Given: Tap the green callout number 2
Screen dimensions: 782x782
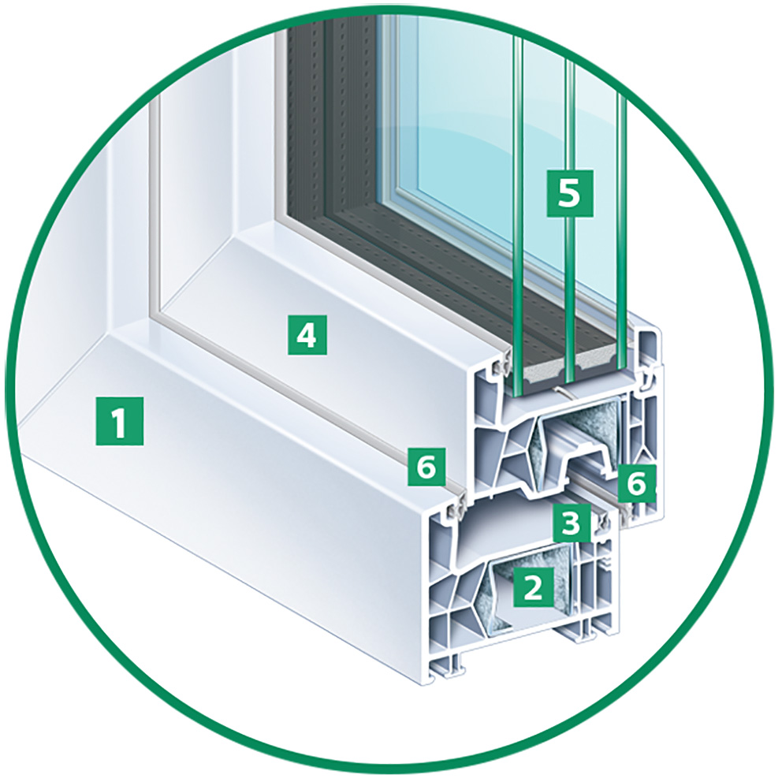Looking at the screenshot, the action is click(533, 587).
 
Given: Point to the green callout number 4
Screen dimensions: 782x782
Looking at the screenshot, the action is click(307, 335).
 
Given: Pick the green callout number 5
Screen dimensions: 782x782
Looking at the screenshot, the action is click(570, 193).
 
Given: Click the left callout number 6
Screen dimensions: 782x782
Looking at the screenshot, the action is click(426, 467).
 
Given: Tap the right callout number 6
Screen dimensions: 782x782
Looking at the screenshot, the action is click(636, 482).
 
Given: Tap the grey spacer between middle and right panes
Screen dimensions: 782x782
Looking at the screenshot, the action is click(596, 359).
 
